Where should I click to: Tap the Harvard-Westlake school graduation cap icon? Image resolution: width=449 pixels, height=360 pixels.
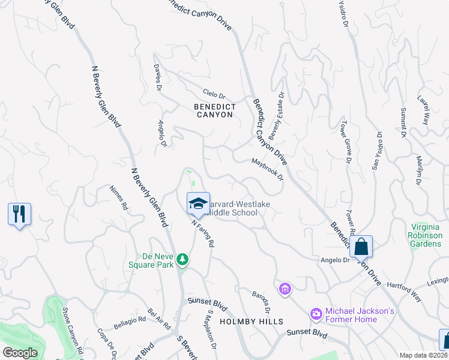pyautogui.click(x=198, y=203)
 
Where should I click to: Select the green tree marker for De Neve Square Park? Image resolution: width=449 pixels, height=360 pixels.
pyautogui.click(x=182, y=260)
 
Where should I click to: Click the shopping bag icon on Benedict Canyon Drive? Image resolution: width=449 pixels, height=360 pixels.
pyautogui.click(x=361, y=246)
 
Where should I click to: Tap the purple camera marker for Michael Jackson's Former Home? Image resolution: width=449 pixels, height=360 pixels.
pyautogui.click(x=316, y=314)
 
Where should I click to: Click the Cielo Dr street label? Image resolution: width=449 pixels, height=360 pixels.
pyautogui.click(x=214, y=95)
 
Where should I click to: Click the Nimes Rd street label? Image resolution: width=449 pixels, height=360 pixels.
pyautogui.click(x=119, y=197)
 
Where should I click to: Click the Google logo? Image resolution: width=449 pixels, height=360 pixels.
pyautogui.click(x=20, y=353)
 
